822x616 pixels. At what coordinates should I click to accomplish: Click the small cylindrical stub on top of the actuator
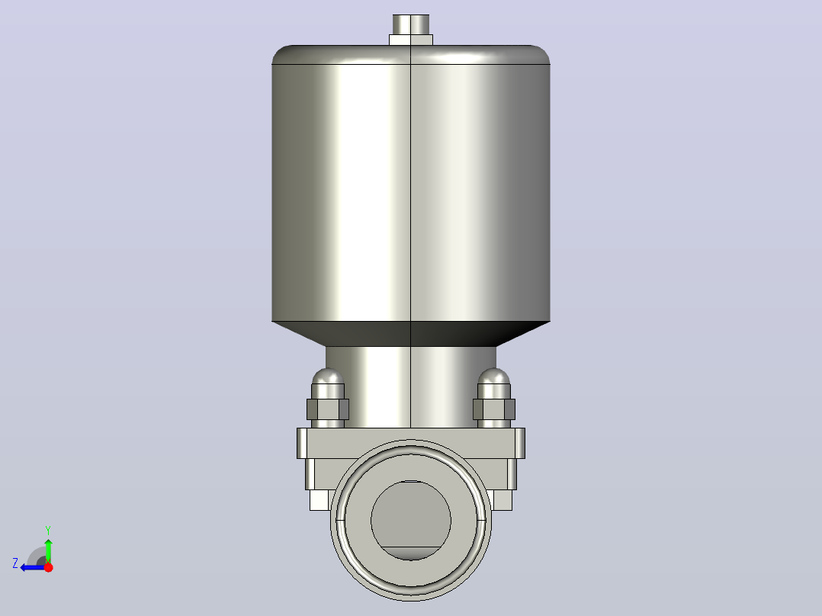(411, 24)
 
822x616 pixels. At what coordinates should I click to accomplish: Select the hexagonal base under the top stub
(411, 40)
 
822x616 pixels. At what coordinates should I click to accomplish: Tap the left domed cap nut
(328, 383)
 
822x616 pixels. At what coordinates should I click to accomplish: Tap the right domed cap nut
(494, 383)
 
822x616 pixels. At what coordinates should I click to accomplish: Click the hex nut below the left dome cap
(328, 409)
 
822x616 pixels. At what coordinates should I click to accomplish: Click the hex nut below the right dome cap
(494, 409)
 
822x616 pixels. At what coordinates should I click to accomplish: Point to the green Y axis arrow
(48, 550)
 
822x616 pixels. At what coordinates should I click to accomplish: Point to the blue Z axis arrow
(33, 566)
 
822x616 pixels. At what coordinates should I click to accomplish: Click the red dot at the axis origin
(48, 566)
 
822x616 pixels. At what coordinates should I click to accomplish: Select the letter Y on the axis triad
(48, 530)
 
